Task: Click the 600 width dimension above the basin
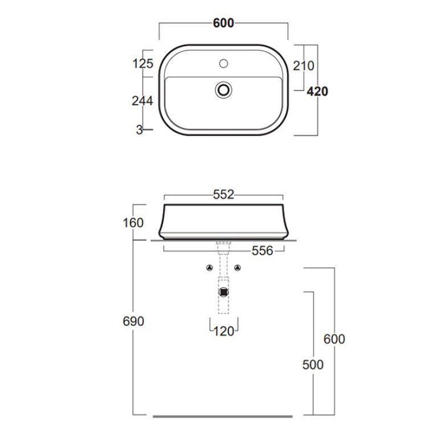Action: click(x=223, y=23)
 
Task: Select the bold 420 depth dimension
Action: click(x=317, y=91)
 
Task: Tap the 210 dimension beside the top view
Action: click(x=304, y=66)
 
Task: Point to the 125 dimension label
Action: click(x=142, y=64)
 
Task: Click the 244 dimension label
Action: click(x=142, y=101)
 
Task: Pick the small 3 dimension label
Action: click(x=140, y=130)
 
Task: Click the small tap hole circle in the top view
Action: click(x=223, y=64)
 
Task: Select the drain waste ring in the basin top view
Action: click(x=223, y=90)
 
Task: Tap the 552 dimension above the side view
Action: click(x=223, y=194)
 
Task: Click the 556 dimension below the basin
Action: click(x=262, y=251)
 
